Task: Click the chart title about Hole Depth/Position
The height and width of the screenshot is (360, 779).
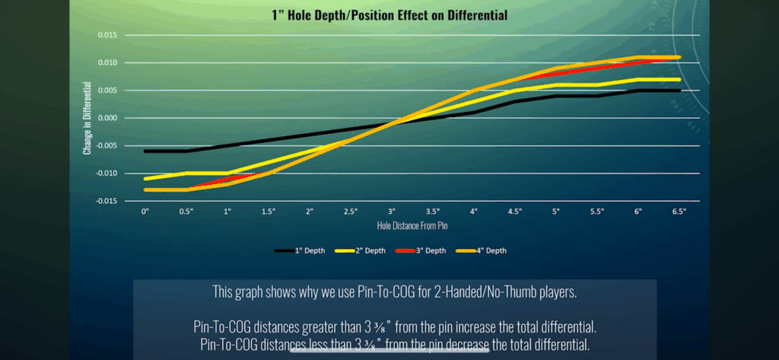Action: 389,15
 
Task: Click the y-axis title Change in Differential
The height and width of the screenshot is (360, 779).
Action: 87,119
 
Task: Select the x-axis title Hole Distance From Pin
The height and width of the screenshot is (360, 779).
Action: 412,226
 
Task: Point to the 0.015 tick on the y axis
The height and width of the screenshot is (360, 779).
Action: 106,35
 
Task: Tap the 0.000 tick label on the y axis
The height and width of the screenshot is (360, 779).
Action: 106,118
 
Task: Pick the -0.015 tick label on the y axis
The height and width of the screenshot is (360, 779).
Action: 105,201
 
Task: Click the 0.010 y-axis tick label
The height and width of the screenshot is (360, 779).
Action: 106,62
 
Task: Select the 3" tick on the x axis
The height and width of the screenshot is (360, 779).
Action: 392,210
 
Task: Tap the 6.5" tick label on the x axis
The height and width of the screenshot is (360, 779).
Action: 679,210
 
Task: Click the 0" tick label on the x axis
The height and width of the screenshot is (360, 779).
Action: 145,210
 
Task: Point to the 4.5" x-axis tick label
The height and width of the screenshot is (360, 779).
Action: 515,210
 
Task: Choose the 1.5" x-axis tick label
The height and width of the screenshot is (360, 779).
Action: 269,210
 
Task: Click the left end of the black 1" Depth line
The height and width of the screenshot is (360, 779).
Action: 145,151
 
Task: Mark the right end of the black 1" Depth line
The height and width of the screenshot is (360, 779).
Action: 679,91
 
